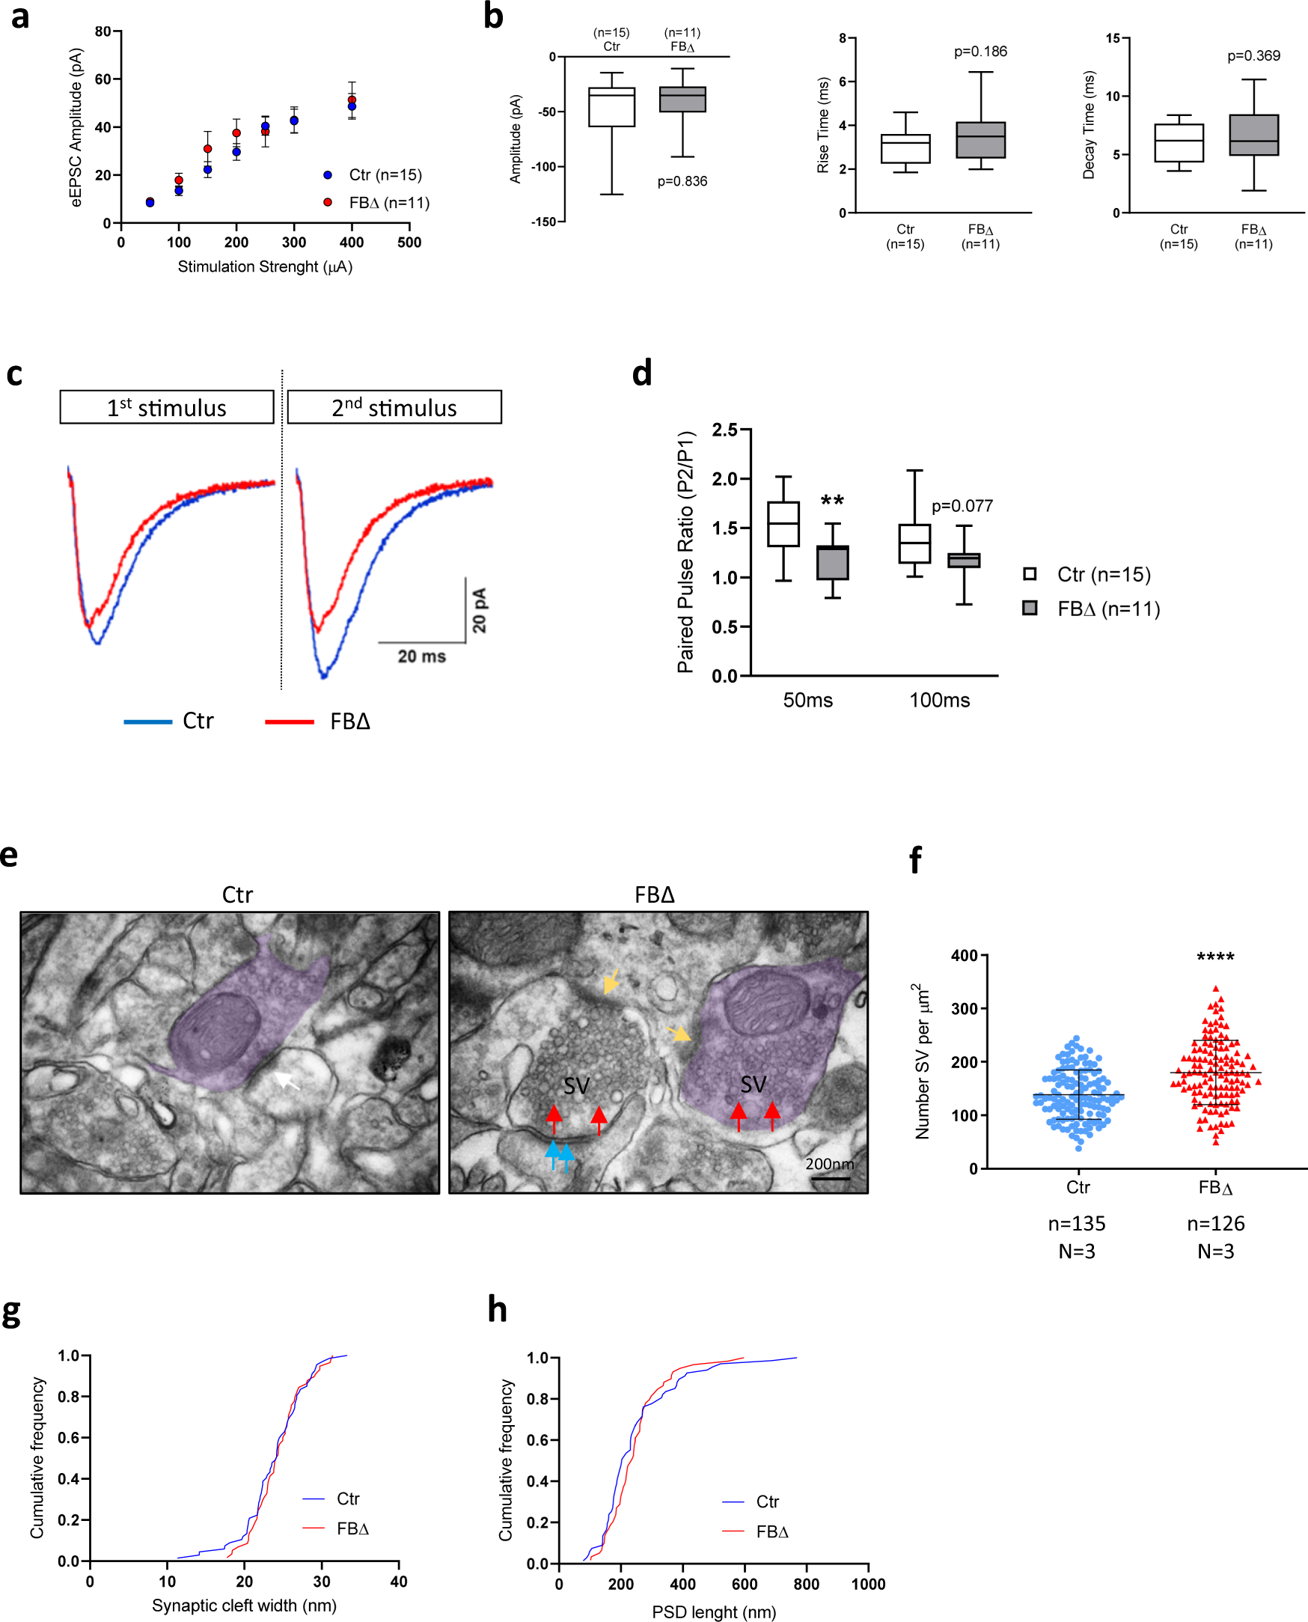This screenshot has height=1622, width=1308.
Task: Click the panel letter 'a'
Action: [x=20, y=16]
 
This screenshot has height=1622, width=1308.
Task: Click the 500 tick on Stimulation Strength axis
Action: [x=409, y=243]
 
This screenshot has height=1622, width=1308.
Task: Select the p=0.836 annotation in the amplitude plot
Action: [x=682, y=182]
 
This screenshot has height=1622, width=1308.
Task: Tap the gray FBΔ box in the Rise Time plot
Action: [x=980, y=140]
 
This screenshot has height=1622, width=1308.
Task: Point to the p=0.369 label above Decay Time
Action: [x=1253, y=56]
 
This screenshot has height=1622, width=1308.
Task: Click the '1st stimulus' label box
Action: [x=167, y=408]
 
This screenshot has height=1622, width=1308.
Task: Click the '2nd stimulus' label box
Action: [x=394, y=408]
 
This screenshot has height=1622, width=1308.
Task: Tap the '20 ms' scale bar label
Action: [x=421, y=656]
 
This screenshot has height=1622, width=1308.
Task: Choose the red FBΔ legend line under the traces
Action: [x=290, y=722]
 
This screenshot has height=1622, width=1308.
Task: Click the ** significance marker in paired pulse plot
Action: [x=832, y=501]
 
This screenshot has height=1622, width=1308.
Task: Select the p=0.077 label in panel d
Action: [x=962, y=506]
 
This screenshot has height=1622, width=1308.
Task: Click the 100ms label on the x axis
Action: [x=939, y=700]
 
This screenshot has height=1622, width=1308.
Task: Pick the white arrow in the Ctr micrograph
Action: [x=287, y=1081]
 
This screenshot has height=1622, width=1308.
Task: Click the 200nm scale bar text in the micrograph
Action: [x=829, y=1164]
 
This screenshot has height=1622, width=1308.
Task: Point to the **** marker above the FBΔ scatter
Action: [x=1214, y=957]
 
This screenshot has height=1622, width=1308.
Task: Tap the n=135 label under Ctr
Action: [x=1076, y=1223]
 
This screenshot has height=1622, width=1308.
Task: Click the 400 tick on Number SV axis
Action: [x=964, y=956]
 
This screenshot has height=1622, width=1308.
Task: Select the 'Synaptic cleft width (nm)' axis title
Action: [x=244, y=1606]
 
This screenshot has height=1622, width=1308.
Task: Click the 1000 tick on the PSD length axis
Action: [x=868, y=1585]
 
